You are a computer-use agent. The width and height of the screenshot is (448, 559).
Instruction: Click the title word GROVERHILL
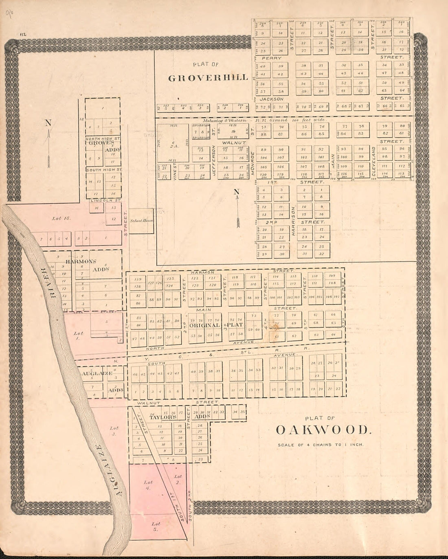pos(208,78)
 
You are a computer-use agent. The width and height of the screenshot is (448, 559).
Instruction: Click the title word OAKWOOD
pos(324,430)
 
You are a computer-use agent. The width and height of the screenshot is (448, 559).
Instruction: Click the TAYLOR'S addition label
pos(163,418)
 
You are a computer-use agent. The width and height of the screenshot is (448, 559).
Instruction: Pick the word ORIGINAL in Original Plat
pos(204,325)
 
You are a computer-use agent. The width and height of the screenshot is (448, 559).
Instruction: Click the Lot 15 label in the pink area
pos(56,219)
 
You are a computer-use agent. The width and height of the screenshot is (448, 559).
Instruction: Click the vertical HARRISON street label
pos(293,221)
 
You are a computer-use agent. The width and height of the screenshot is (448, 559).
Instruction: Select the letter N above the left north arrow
pos(48,123)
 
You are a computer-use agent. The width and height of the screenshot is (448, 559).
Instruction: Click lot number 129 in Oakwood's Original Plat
pos(137,279)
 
